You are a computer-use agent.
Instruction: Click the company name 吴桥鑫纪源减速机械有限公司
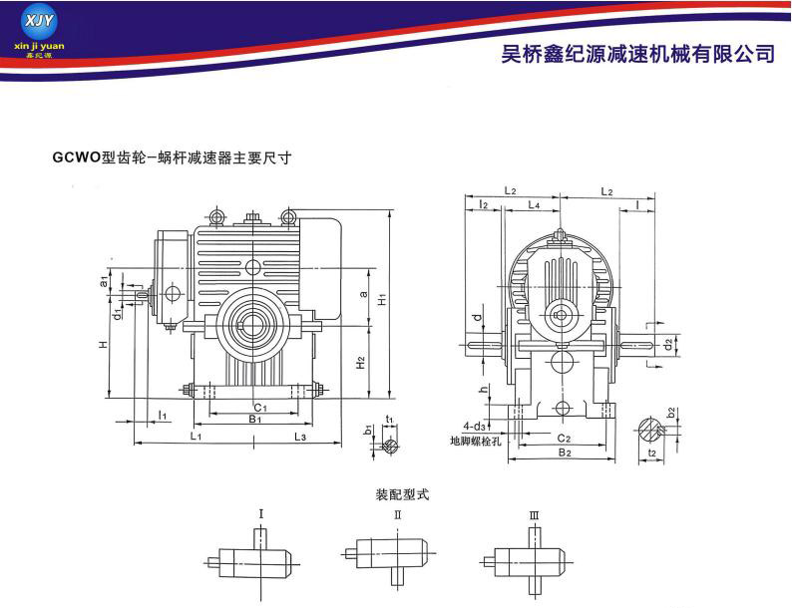[636, 53]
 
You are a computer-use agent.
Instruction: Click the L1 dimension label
[197, 436]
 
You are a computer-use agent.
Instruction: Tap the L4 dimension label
[534, 204]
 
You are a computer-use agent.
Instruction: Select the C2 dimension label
[562, 437]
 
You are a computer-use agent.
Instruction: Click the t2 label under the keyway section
[651, 452]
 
